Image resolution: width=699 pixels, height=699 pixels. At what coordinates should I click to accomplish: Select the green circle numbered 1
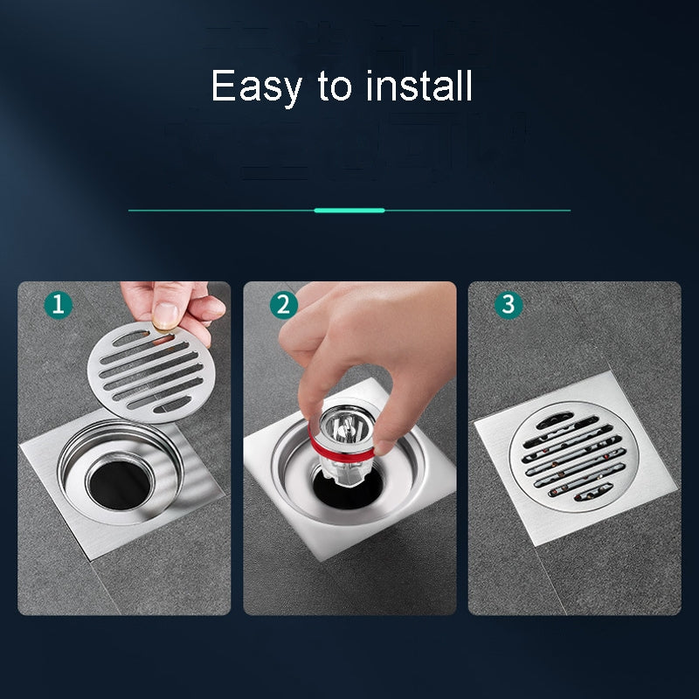pos(59,305)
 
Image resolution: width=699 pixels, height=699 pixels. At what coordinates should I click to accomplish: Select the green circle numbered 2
pos(283,305)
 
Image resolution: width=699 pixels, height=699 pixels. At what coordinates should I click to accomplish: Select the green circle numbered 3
pos(509,305)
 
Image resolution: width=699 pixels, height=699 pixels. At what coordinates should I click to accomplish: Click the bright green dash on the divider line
pos(349,211)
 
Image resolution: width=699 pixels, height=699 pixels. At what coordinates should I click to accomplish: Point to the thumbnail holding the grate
pos(165,313)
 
